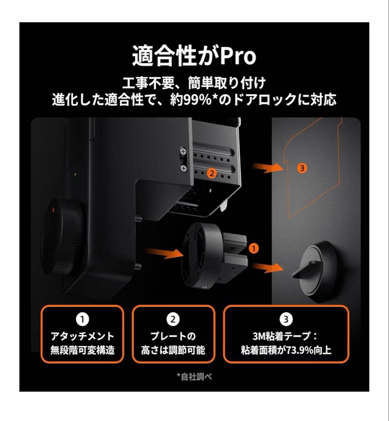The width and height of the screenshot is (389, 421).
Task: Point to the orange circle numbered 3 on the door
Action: [x=302, y=168]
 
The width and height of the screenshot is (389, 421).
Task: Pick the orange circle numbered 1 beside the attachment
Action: [x=253, y=248]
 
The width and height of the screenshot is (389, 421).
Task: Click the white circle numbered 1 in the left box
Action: [x=82, y=320]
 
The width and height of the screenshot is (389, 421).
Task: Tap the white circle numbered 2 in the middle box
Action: [x=173, y=320]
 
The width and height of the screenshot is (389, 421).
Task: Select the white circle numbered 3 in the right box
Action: [x=286, y=320]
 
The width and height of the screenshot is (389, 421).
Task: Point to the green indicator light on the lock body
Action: [x=75, y=174]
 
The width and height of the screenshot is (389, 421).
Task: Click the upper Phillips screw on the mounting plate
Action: [x=183, y=150]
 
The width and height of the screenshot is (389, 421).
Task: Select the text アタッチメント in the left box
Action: [x=82, y=336]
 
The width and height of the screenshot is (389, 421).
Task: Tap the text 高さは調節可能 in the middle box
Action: [x=173, y=350]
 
